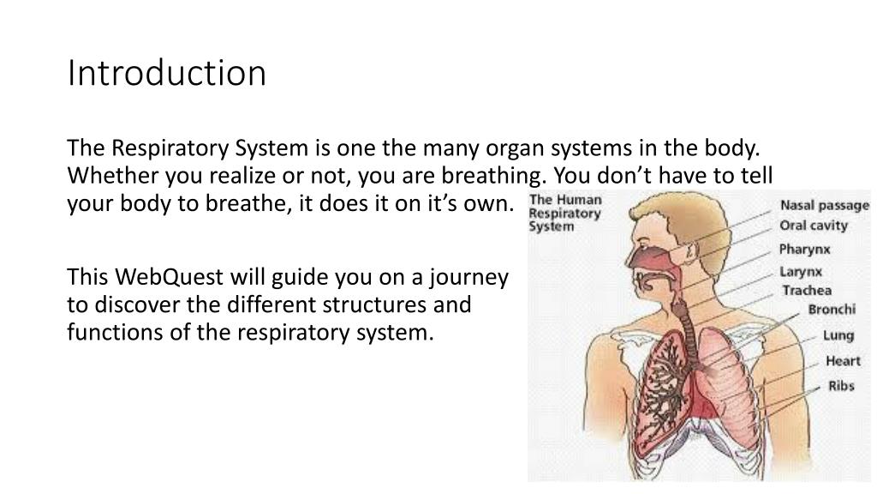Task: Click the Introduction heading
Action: (167, 74)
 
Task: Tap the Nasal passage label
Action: (824, 206)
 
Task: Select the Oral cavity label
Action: (813, 226)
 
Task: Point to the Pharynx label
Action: (804, 250)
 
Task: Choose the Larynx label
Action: (801, 272)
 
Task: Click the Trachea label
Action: (806, 291)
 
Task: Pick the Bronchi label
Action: (832, 310)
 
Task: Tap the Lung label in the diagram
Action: (838, 335)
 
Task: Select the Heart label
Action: (843, 361)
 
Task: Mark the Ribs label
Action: (841, 386)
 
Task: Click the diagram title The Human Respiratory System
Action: (565, 213)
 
